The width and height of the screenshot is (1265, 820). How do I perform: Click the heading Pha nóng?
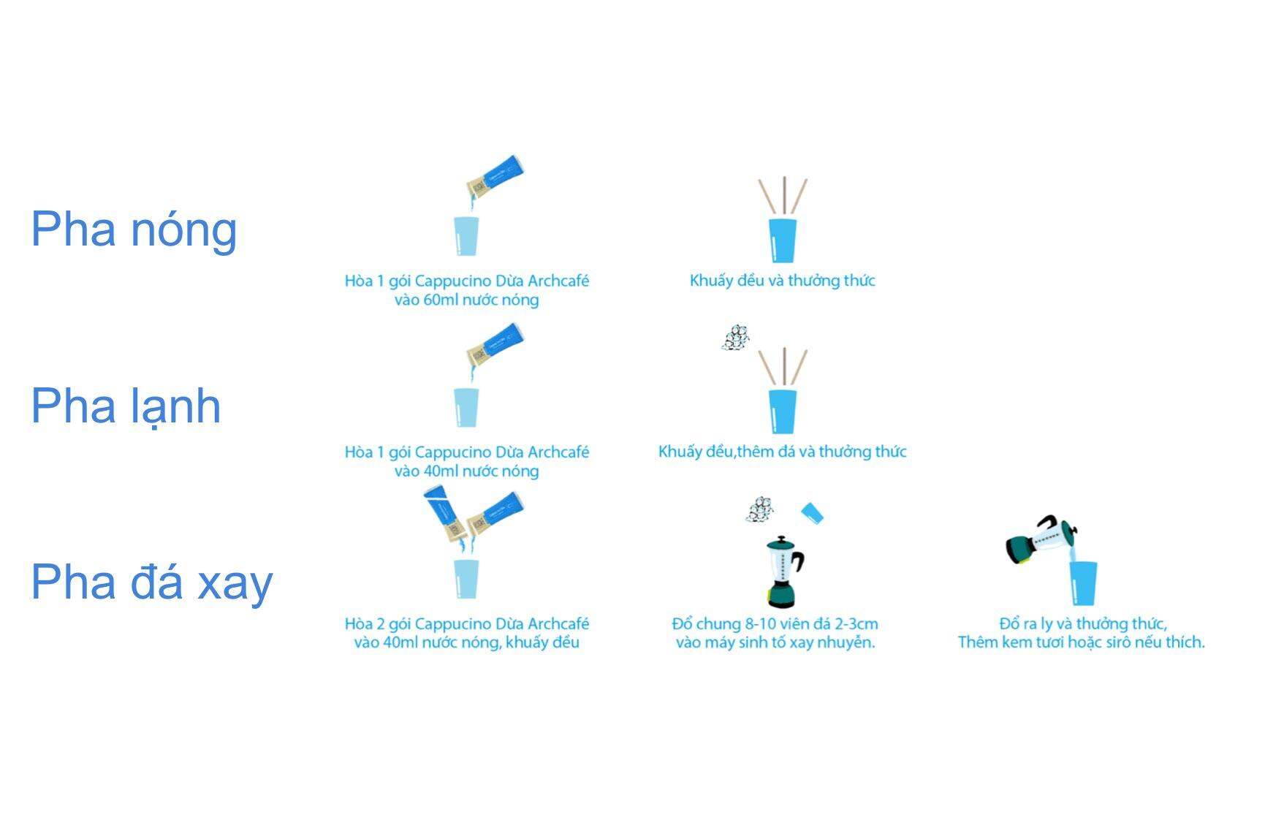pyautogui.click(x=134, y=229)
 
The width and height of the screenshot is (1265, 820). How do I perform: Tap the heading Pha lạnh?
pyautogui.click(x=126, y=406)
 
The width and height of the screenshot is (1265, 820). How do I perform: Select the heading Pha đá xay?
pyautogui.click(x=152, y=582)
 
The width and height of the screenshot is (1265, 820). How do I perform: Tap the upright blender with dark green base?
pyautogui.click(x=784, y=572)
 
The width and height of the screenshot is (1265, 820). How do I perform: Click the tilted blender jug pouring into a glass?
pyautogui.click(x=1041, y=540)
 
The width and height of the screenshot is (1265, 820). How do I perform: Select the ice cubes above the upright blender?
pyautogui.click(x=760, y=509)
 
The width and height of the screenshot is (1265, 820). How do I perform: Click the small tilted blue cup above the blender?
pyautogui.click(x=812, y=512)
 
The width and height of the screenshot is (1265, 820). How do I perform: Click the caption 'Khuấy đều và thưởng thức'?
pyautogui.click(x=782, y=281)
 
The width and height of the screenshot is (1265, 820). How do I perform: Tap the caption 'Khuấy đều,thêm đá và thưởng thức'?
pyautogui.click(x=782, y=452)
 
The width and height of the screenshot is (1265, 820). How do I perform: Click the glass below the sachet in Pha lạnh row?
pyautogui.click(x=466, y=407)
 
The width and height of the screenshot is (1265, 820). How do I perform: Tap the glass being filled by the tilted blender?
pyautogui.click(x=1084, y=583)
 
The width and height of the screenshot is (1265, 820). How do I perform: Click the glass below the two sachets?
pyautogui.click(x=466, y=579)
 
